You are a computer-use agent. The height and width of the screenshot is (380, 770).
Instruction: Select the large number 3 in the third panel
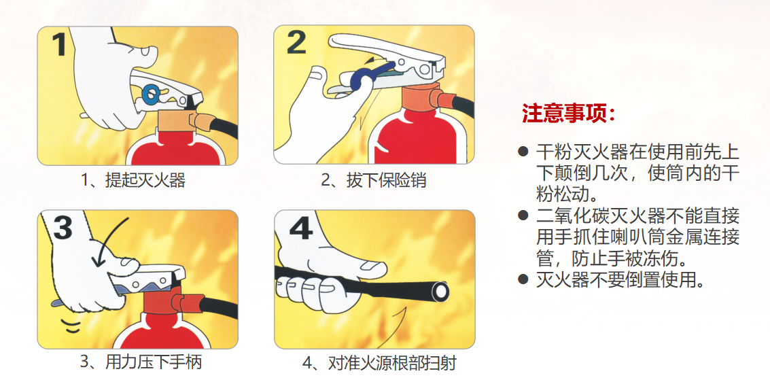pyautogui.click(x=63, y=227)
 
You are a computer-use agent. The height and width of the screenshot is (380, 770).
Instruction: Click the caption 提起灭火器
pyautogui.click(x=133, y=181)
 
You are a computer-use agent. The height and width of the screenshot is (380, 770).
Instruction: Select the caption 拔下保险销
pyautogui.click(x=374, y=181)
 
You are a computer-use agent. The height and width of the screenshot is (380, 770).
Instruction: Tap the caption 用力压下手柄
pyautogui.click(x=141, y=362)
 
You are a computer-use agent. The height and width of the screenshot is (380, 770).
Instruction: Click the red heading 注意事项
pyautogui.click(x=568, y=114)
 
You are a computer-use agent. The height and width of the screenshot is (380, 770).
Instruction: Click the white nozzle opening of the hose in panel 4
pyautogui.click(x=440, y=291)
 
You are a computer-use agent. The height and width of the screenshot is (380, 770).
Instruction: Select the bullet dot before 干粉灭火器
pyautogui.click(x=523, y=151)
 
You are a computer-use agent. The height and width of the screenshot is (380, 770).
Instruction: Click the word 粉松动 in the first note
pyautogui.click(x=561, y=194)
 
